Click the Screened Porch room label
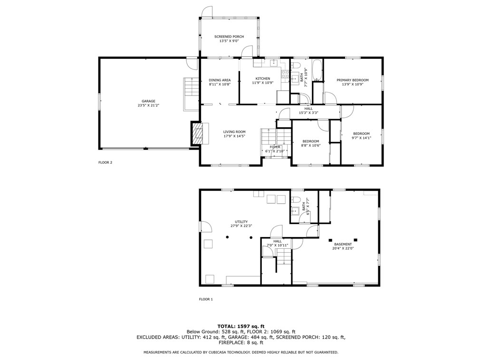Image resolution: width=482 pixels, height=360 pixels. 229,37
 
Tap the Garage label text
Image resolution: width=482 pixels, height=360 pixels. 148,101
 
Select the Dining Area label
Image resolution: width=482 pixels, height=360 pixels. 220,80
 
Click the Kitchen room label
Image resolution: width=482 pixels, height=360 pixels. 263,79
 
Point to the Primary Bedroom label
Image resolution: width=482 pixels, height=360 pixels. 353,80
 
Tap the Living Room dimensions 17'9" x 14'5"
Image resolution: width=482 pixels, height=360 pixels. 234,136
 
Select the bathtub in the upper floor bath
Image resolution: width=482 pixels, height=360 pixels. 318,70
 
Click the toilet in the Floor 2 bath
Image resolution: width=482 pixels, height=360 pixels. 296,66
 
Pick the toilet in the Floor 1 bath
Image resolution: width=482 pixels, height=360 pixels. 296,199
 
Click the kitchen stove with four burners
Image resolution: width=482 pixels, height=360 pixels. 285,74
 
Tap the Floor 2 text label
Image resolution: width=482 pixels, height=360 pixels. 106,162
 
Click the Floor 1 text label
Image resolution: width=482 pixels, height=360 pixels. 206,299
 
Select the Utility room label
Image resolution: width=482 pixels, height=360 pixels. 241,222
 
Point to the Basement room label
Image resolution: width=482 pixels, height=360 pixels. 343,245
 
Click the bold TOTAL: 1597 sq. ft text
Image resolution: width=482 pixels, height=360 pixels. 241,326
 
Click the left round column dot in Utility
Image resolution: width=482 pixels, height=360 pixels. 227,237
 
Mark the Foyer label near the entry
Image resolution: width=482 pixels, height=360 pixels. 275,147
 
